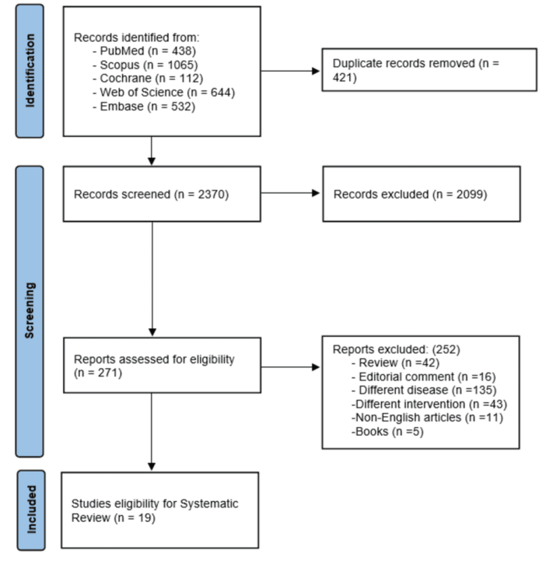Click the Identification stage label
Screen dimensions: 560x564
click(30, 71)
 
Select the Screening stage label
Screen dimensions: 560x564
click(30, 311)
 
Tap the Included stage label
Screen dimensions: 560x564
click(31, 510)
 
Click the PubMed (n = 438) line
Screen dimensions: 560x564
click(144, 51)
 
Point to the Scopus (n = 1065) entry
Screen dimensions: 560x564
click(145, 65)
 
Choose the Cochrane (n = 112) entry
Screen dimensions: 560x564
click(148, 79)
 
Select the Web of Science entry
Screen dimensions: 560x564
click(163, 93)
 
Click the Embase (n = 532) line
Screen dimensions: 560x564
click(144, 107)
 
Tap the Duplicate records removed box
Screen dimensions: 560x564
click(429, 70)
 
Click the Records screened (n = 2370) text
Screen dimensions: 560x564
click(151, 194)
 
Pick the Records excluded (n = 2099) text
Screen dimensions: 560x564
click(411, 194)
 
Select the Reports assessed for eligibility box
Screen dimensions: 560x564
click(163, 365)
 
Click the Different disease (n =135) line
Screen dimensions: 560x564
click(424, 391)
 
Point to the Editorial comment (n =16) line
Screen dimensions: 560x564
click(424, 377)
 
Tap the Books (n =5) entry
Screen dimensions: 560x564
click(387, 431)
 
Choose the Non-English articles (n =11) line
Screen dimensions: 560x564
click(427, 418)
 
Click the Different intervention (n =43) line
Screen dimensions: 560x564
click(429, 404)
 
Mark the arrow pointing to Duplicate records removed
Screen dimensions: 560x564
click(290, 71)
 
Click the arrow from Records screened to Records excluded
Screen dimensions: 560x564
click(290, 193)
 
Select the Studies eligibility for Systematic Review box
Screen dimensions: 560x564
click(160, 510)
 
